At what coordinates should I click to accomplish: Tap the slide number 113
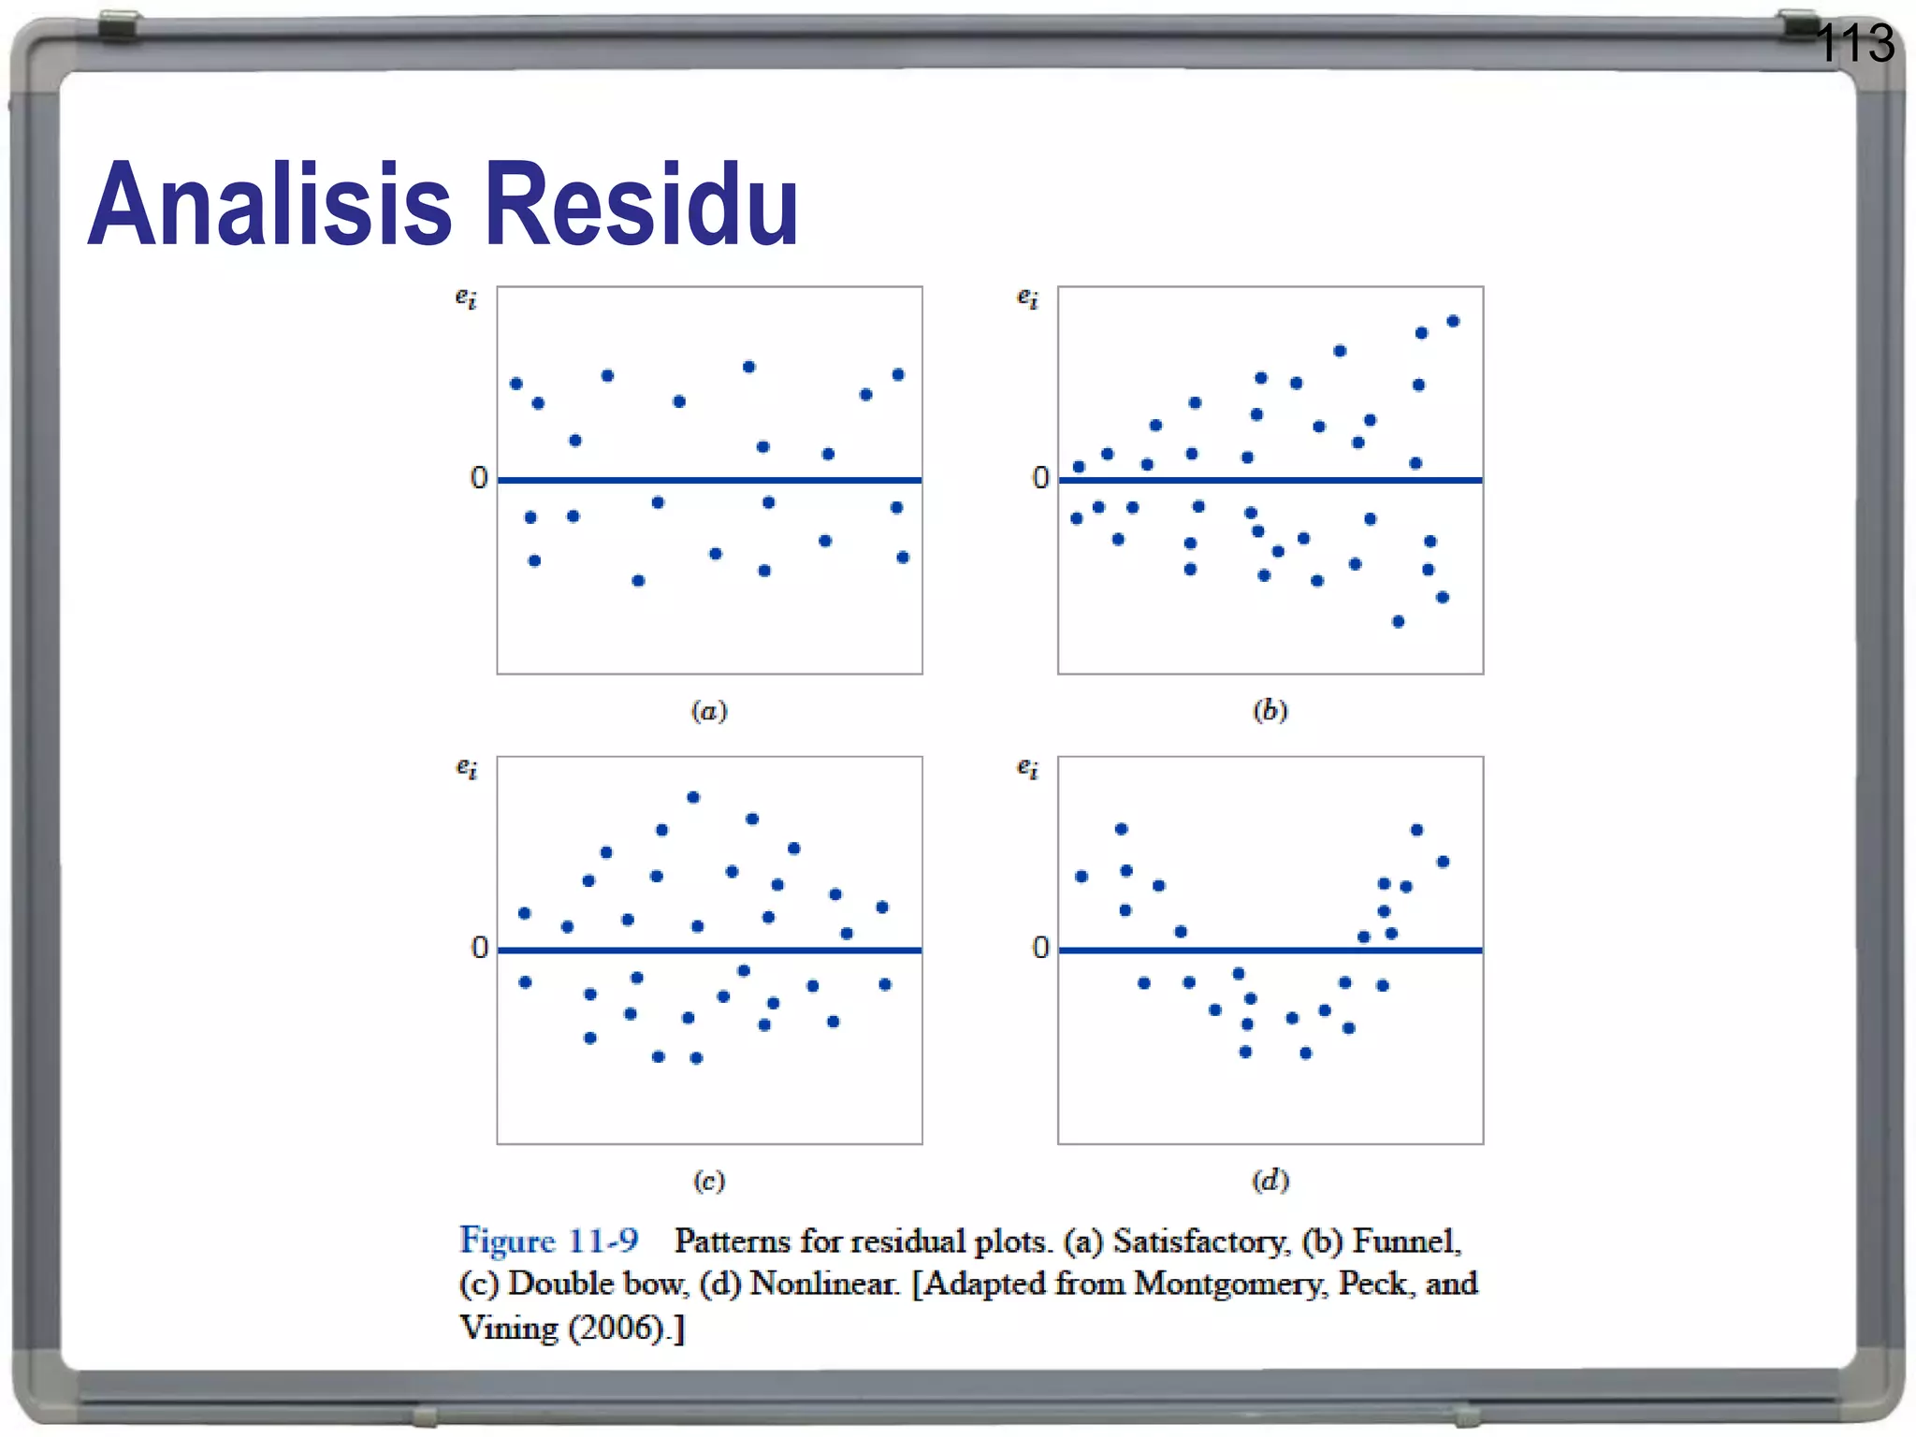coord(1854,43)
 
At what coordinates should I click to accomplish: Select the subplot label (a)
coord(709,711)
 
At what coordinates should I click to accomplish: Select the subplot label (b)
coord(1270,711)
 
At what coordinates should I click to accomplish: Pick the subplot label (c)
coord(709,1181)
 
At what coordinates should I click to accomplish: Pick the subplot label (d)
coord(1270,1181)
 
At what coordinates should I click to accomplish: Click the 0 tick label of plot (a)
coord(479,478)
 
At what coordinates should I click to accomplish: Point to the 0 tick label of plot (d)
coord(1040,948)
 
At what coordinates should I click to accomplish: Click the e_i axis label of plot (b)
coord(1027,298)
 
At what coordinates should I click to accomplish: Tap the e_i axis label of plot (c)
coord(466,768)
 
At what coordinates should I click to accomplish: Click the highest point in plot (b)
coord(1453,321)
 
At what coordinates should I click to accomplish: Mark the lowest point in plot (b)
coord(1398,621)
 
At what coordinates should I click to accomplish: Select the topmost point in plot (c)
coord(693,797)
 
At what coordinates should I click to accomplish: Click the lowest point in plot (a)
coord(638,580)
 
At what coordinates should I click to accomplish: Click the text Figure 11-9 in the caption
coord(549,1241)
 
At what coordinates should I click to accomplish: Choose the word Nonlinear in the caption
coord(823,1284)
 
